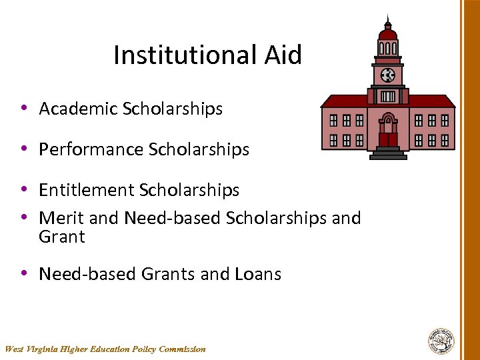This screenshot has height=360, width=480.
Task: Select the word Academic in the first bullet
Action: (78, 109)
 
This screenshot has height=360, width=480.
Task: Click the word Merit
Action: (59, 218)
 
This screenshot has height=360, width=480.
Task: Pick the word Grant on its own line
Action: (62, 237)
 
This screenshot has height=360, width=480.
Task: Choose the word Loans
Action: (258, 274)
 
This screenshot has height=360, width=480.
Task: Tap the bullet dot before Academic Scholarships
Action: (23, 108)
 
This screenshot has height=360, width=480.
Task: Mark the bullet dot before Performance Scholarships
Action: (23, 149)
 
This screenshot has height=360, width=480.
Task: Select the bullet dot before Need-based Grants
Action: (23, 273)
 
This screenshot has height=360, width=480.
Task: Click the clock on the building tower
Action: (387, 75)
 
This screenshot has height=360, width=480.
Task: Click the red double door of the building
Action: (388, 139)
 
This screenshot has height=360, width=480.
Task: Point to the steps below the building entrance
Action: (388, 154)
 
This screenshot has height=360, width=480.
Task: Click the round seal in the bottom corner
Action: (441, 341)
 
